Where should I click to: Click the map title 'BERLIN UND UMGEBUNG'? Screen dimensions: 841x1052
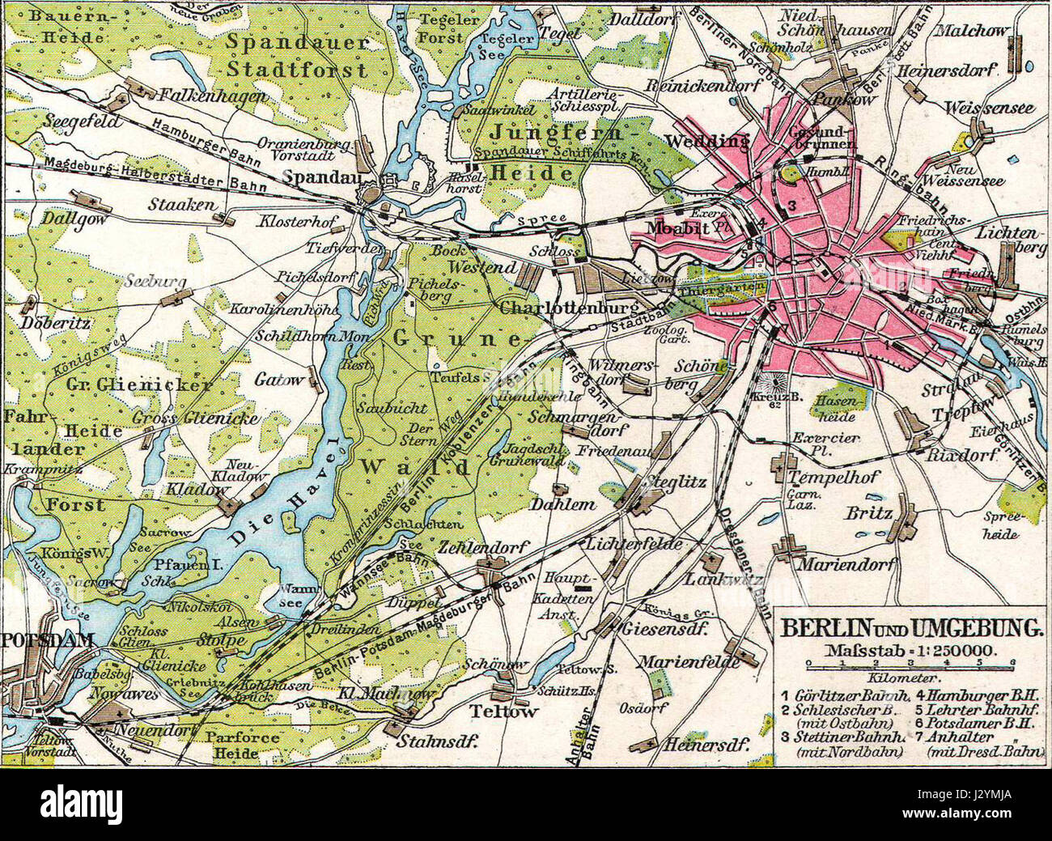(910, 627)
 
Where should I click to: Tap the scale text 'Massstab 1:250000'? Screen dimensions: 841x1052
(911, 649)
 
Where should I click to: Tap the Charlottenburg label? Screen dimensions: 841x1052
(563, 308)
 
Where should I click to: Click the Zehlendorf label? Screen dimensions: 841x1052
(484, 547)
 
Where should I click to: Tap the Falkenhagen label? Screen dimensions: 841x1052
(201, 95)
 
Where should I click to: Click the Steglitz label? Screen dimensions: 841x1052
(677, 482)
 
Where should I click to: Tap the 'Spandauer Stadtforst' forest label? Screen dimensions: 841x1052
(297, 54)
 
